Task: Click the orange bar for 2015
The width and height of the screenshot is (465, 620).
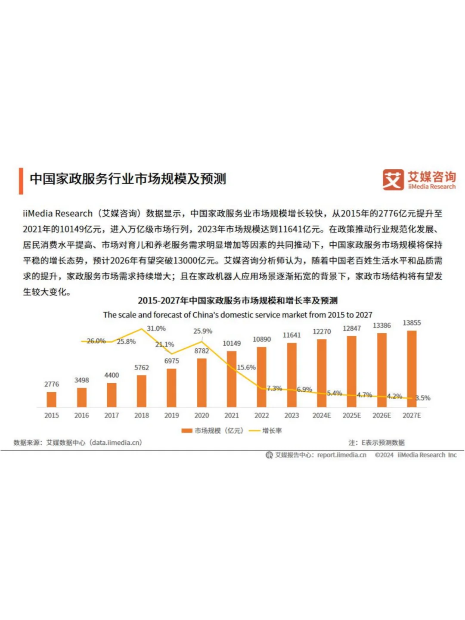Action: [x=52, y=399]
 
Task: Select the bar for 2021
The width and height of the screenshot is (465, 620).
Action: [x=232, y=379]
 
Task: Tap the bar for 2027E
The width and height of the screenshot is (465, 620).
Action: [x=412, y=369]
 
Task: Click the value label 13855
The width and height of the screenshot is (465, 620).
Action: [x=412, y=323]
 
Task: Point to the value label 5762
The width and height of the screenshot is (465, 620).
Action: [x=142, y=368]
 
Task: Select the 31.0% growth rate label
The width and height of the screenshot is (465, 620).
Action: [x=156, y=329]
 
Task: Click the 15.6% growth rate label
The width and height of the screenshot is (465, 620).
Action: [x=246, y=367]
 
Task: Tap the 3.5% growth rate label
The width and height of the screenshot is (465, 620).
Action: [x=423, y=398]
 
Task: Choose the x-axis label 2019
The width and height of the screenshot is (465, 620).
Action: [x=171, y=415]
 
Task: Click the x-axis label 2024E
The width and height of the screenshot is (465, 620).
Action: [x=322, y=415]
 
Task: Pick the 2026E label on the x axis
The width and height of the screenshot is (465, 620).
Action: [x=381, y=415]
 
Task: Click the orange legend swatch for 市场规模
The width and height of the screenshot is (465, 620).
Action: [x=187, y=431]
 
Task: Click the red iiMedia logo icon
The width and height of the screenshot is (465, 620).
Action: [x=393, y=180]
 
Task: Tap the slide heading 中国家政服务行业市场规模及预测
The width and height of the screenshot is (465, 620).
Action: [x=128, y=179]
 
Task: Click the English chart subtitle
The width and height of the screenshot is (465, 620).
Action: [x=238, y=315]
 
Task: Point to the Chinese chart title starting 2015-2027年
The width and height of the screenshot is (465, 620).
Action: [x=238, y=301]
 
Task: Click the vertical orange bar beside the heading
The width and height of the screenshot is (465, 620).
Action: [x=21, y=181]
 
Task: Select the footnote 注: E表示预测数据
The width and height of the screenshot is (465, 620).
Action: [x=376, y=443]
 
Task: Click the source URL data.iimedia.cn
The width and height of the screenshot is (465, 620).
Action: [x=116, y=443]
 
